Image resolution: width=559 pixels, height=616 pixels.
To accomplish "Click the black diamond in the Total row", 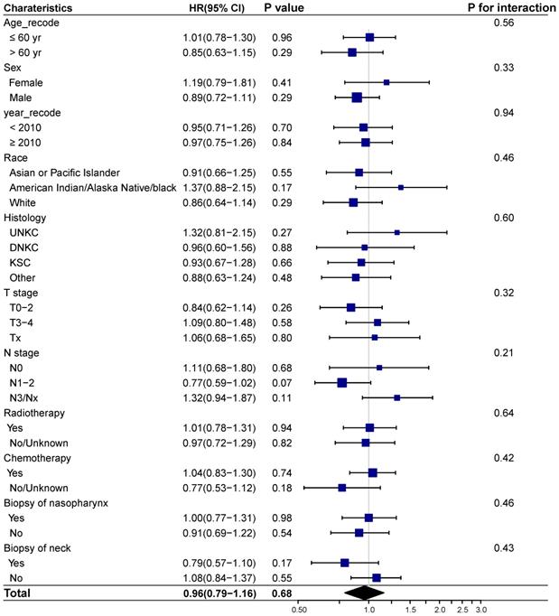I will click(365, 593).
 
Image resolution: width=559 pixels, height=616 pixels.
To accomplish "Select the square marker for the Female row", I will click(387, 82).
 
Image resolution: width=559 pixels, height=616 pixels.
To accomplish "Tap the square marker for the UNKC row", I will click(397, 232).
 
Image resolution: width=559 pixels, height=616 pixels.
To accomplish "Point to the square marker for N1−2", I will click(342, 382).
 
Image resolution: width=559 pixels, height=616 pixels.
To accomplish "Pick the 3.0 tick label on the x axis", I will click(481, 609).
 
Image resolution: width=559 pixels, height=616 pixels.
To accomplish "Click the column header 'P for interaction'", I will click(508, 7).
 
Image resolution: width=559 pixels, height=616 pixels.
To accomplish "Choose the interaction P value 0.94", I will click(503, 112).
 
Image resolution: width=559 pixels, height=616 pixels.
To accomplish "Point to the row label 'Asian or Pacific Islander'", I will click(63, 172).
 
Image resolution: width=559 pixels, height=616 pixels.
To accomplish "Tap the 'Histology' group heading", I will click(25, 217).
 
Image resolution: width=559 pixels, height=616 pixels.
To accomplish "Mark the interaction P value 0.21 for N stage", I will click(503, 352).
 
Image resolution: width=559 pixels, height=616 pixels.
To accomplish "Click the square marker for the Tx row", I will click(375, 337).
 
